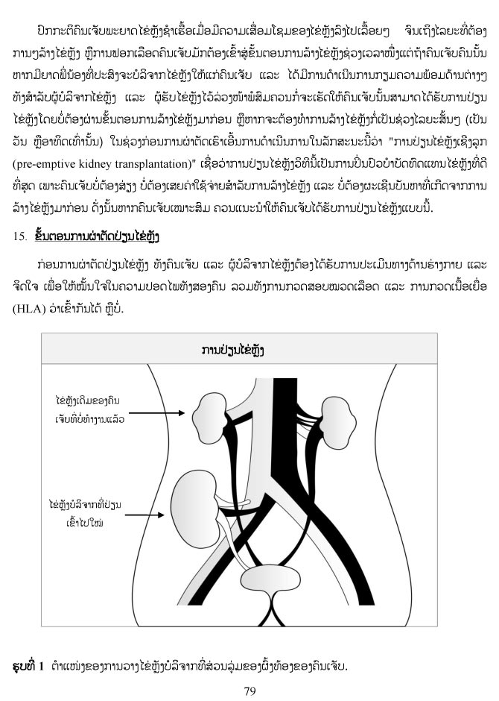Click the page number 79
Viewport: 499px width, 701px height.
click(x=249, y=691)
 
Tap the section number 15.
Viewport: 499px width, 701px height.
click(x=19, y=236)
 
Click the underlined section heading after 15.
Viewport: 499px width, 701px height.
click(x=97, y=236)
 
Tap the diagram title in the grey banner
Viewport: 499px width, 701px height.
click(x=233, y=349)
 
